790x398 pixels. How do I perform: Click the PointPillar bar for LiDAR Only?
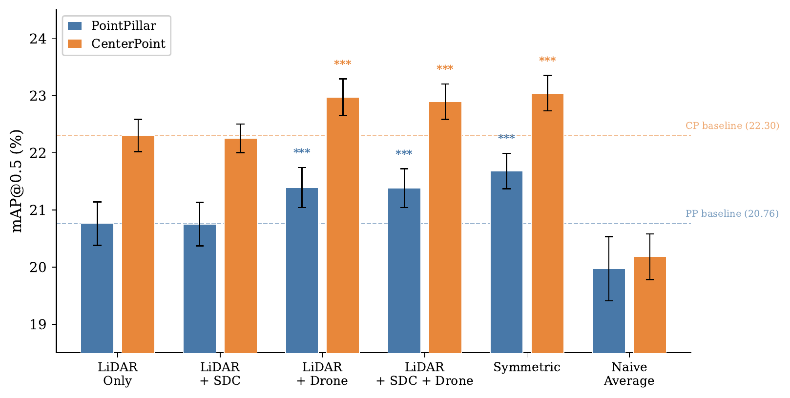click(97, 288)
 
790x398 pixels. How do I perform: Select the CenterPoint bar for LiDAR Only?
click(138, 244)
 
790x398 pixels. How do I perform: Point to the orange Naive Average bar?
click(650, 305)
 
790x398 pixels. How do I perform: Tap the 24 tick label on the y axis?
click(38, 39)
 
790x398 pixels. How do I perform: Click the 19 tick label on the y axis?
click(38, 325)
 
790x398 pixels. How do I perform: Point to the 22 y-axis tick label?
click(38, 153)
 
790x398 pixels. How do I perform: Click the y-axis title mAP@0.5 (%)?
click(17, 181)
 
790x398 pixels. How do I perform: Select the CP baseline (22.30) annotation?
click(732, 126)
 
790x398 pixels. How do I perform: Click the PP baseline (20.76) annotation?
click(732, 214)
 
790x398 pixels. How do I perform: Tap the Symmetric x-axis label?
click(527, 367)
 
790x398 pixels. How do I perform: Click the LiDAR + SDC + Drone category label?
click(425, 374)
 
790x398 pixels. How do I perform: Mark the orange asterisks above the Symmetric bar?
click(547, 60)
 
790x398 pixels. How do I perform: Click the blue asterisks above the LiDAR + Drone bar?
click(302, 152)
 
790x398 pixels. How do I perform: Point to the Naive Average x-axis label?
click(629, 374)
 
